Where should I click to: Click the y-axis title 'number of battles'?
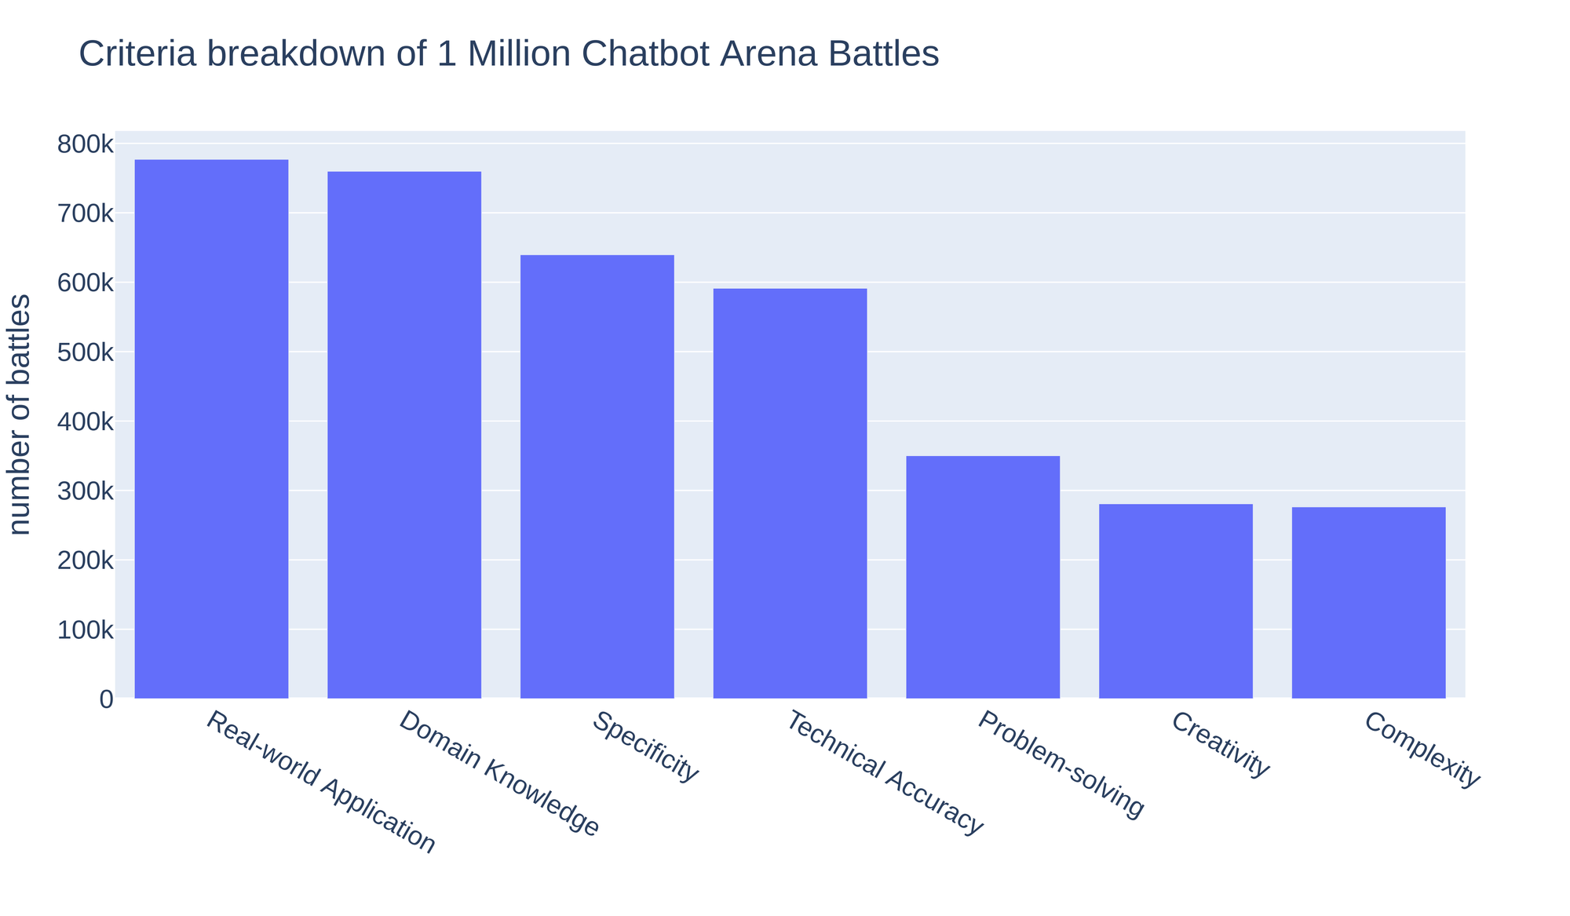tap(20, 414)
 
